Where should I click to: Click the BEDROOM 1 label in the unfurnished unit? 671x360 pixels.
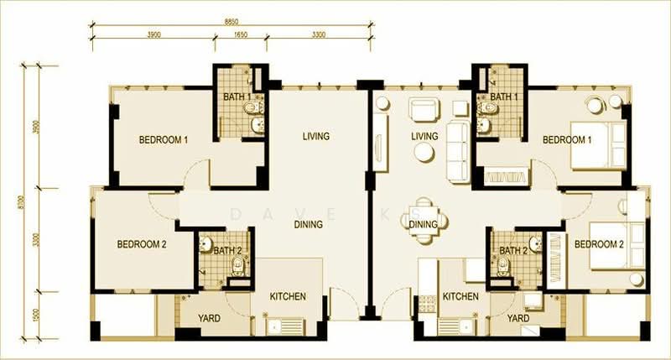[163, 139]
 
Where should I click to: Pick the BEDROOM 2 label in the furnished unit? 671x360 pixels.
[599, 244]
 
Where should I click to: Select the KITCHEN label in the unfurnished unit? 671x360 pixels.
[287, 297]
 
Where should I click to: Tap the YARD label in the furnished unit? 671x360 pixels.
[518, 319]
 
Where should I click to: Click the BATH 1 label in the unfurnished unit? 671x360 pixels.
[237, 97]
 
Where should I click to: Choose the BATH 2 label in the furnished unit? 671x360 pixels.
[513, 250]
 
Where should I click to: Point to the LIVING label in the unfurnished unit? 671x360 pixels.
[315, 136]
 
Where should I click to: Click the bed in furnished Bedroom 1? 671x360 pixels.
[599, 144]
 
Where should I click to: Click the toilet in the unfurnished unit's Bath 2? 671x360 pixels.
[238, 267]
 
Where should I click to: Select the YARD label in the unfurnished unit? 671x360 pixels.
[209, 319]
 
